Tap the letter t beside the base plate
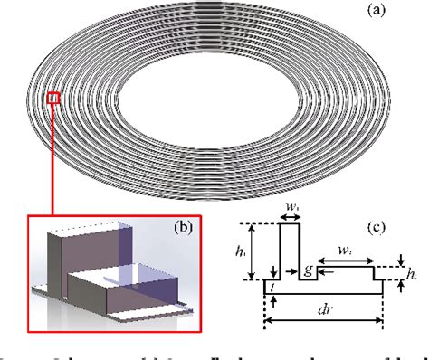[x=269, y=283]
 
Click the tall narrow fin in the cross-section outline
[x=290, y=253]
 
